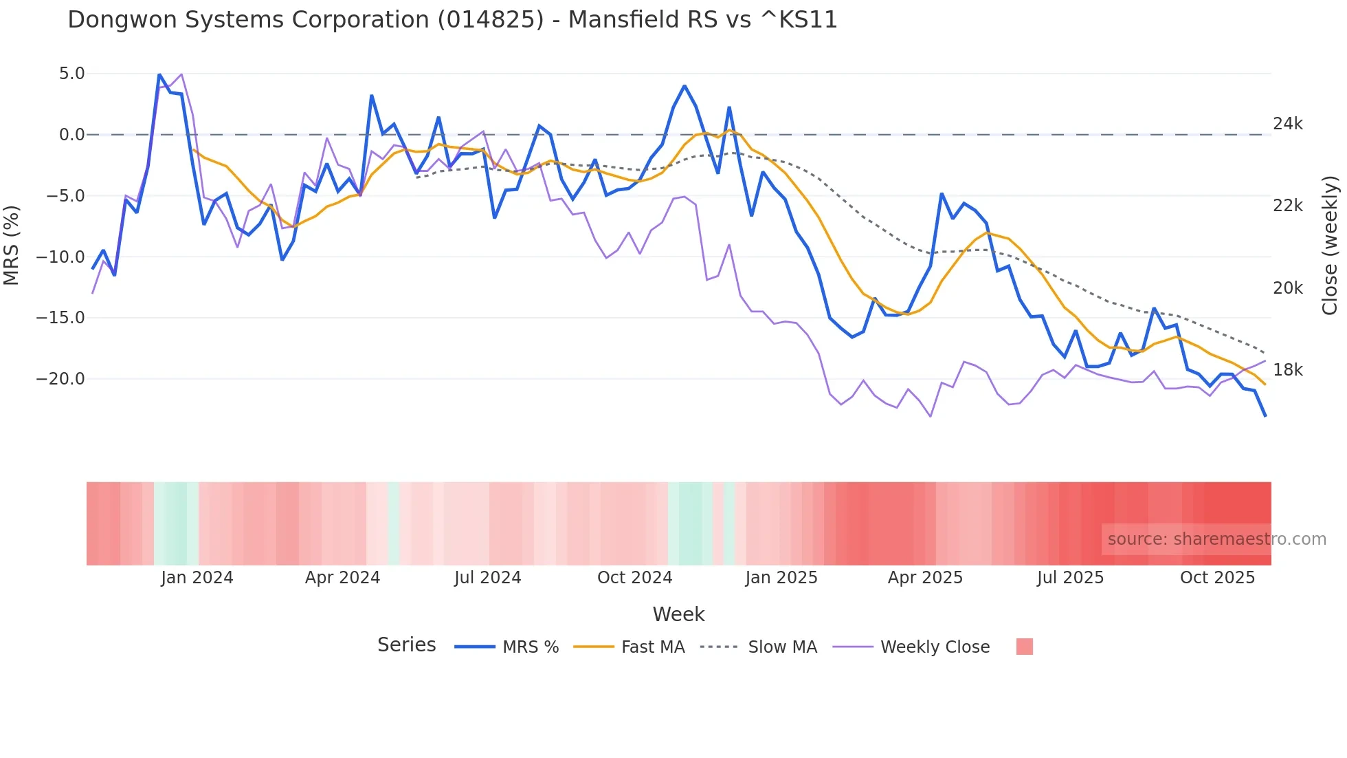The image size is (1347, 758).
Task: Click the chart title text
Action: (452, 20)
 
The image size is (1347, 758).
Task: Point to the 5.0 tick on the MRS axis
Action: (71, 74)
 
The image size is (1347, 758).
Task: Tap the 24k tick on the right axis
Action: (1287, 124)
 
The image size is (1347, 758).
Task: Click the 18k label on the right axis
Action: (1287, 370)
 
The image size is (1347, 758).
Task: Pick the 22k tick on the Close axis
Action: (1287, 206)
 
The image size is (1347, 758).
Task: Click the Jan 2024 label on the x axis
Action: (197, 578)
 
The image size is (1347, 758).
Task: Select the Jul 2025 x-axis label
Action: (1070, 578)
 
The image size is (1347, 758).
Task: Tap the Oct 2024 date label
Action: (634, 578)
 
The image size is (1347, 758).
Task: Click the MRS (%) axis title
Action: (12, 245)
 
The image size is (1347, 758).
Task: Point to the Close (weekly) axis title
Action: (1330, 245)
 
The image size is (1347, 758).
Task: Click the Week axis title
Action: (678, 614)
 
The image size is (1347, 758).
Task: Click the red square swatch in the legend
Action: (1024, 647)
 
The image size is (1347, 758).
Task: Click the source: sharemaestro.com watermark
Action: (1216, 539)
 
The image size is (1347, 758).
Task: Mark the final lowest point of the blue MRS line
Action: (1265, 415)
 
